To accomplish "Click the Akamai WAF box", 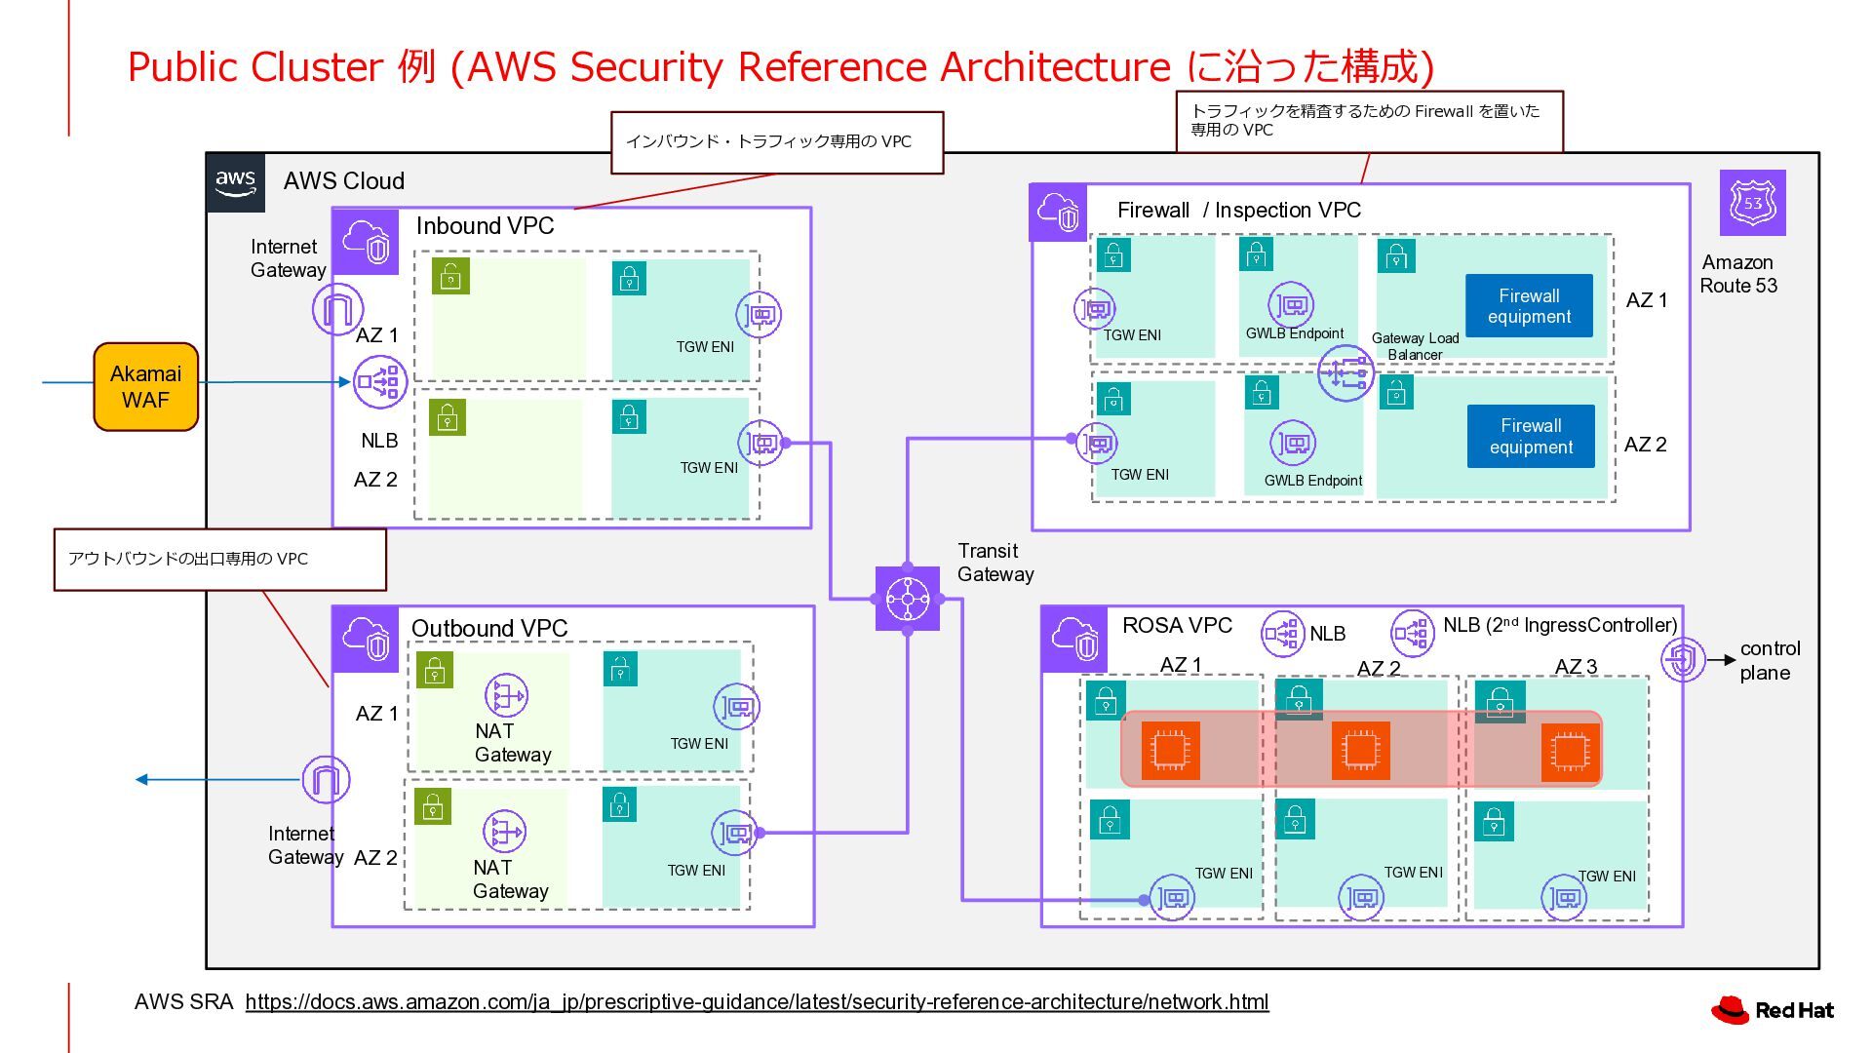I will click(145, 387).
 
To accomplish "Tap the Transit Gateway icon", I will click(908, 599).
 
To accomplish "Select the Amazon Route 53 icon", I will click(1752, 203).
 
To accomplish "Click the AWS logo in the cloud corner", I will click(235, 181).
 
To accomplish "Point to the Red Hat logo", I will click(1772, 1010).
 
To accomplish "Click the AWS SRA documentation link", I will click(757, 1001).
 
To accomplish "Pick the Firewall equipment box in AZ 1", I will click(1528, 306).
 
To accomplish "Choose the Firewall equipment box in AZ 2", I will click(1530, 436).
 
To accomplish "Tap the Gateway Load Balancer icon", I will click(1345, 372).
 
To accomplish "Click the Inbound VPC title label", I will click(485, 226).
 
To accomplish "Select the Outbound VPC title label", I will click(489, 629).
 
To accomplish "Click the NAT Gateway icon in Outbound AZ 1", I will click(506, 695).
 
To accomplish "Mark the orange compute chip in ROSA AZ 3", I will click(1570, 752).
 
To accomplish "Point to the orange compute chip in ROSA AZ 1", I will click(1170, 750).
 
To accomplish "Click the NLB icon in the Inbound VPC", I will click(380, 381).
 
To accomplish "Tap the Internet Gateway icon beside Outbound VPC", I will click(326, 780).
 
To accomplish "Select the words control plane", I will click(1770, 661).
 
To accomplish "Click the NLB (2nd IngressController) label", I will click(1559, 626).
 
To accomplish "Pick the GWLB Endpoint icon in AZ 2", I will click(1293, 444).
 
